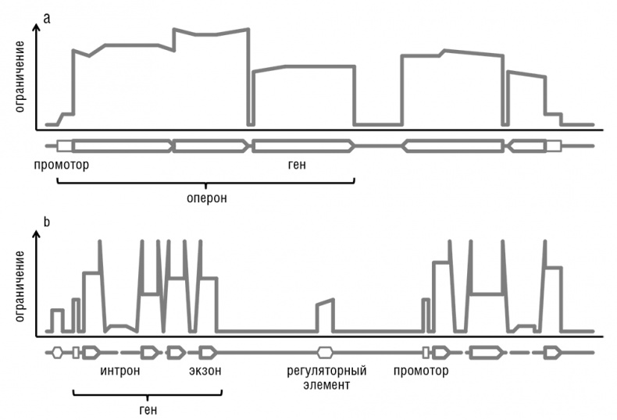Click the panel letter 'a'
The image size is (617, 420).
click(48, 17)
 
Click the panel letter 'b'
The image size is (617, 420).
click(48, 222)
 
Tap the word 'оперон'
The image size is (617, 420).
click(207, 198)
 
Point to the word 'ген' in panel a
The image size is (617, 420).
click(299, 166)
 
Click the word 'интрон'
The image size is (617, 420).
click(120, 370)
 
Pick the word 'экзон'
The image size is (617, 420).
click(205, 370)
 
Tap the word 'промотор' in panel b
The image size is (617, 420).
click(422, 370)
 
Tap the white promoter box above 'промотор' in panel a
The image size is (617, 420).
click(65, 145)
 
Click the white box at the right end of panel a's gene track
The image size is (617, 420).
click(553, 145)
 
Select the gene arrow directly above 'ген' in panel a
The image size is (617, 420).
click(303, 145)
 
